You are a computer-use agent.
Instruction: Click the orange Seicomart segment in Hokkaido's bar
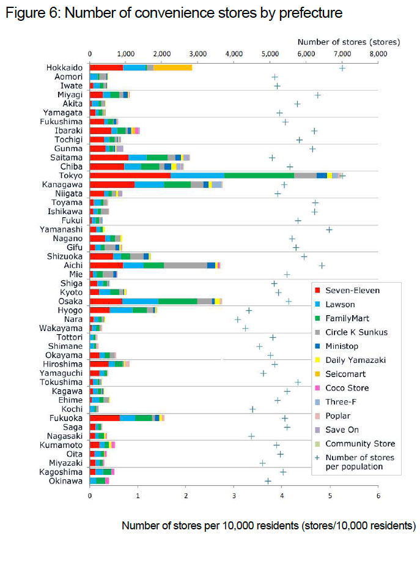(173, 67)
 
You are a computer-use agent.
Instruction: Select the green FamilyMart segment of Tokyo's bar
(259, 176)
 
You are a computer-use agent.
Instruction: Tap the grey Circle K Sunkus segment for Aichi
(185, 266)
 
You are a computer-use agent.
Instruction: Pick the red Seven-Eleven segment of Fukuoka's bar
(105, 418)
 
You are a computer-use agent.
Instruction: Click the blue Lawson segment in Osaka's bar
(140, 301)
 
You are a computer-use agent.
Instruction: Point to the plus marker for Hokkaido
(342, 68)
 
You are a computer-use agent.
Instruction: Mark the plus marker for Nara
(237, 319)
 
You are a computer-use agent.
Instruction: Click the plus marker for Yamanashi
(330, 229)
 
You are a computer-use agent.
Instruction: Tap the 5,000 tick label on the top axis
(270, 54)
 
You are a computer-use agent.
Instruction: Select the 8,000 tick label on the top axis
(378, 54)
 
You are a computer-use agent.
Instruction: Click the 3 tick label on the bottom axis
(234, 496)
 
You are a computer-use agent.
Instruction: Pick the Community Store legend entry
(355, 444)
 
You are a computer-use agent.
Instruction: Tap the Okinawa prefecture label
(65, 481)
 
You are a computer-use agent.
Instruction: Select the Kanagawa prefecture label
(62, 185)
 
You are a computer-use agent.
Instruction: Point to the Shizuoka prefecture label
(65, 256)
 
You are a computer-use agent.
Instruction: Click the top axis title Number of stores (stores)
(348, 42)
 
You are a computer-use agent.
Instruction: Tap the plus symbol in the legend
(317, 458)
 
